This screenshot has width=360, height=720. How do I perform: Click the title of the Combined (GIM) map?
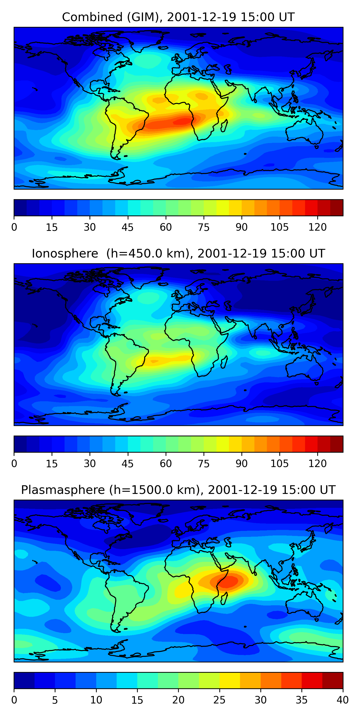178,17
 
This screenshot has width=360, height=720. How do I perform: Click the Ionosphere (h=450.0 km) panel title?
178,253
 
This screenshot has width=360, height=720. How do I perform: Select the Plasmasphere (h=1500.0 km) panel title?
178,490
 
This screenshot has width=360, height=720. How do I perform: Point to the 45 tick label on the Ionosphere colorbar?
127,464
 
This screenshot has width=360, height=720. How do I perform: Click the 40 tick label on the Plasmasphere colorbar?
342,700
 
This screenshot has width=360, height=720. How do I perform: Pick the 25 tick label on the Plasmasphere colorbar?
219,700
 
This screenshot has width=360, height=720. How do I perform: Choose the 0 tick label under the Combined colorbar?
14,227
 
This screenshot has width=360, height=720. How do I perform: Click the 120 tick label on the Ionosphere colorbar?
317,464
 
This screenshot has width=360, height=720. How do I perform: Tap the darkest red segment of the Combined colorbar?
336,208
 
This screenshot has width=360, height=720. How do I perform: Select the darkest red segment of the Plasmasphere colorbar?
333,680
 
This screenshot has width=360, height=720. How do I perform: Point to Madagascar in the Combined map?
224,126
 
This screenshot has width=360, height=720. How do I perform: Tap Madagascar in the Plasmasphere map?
224,599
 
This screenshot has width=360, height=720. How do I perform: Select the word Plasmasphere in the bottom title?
63,490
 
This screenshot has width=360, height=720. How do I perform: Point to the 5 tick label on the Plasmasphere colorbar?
55,700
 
